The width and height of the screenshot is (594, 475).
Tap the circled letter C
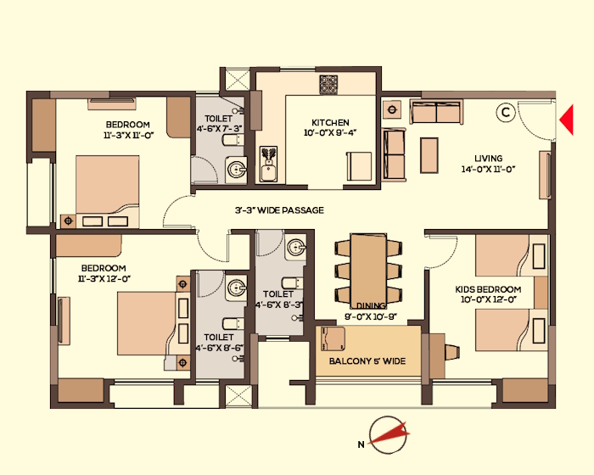506,113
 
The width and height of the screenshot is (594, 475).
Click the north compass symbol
389,435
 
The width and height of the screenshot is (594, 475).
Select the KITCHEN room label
330,123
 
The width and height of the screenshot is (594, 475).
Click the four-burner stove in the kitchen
328,85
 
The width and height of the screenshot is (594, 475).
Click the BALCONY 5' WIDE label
367,361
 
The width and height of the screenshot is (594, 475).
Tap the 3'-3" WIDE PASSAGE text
279,210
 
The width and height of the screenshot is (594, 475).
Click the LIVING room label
489,159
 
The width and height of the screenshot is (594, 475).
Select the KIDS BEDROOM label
488,290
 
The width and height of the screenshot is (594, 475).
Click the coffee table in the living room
429,155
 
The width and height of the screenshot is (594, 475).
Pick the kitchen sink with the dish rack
269,164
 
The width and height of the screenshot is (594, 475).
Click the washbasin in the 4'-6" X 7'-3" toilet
237,170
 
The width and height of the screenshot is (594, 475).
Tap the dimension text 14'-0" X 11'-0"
488,169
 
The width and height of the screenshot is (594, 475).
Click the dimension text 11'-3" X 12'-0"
104,279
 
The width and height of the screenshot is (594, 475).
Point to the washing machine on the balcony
333,338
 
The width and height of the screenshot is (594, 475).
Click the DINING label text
371,305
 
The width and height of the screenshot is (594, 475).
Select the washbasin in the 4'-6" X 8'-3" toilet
295,249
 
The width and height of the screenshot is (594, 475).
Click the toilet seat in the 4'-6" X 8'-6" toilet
232,324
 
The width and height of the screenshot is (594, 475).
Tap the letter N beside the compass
361,444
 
